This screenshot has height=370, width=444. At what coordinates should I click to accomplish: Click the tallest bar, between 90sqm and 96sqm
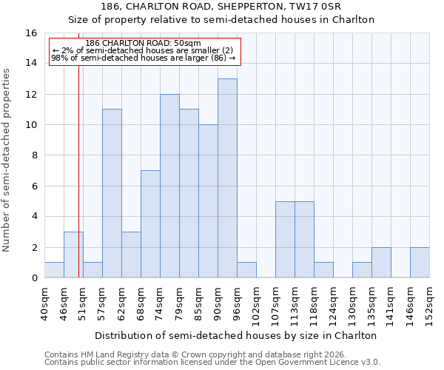coord(227,178)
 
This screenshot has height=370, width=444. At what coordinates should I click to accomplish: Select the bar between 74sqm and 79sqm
coord(169,186)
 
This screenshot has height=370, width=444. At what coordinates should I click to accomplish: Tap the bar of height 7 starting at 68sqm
coord(150,224)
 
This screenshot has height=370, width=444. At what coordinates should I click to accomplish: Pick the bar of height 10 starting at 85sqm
coord(208,201)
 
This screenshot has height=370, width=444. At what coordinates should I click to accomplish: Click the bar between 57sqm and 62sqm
coord(112,193)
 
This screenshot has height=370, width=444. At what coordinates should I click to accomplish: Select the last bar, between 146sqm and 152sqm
coord(420,263)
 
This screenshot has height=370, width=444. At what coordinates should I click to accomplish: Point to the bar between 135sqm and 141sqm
coord(381,263)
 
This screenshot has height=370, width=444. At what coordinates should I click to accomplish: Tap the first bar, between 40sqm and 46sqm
coord(54,270)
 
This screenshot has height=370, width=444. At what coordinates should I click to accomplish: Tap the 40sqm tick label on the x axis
coord(44,302)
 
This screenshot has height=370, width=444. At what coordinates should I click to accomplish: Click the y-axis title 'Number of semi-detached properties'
coord(7,160)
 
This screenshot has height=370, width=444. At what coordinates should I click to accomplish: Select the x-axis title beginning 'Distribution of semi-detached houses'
coord(236,335)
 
